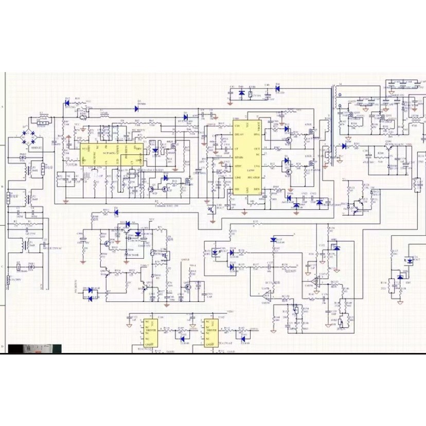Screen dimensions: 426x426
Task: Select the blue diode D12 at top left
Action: [x=67, y=101]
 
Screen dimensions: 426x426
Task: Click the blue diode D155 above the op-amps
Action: [x=273, y=240]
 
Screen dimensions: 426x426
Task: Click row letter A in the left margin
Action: [x=3, y=106]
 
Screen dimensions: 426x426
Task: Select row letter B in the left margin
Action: [x=3, y=187]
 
